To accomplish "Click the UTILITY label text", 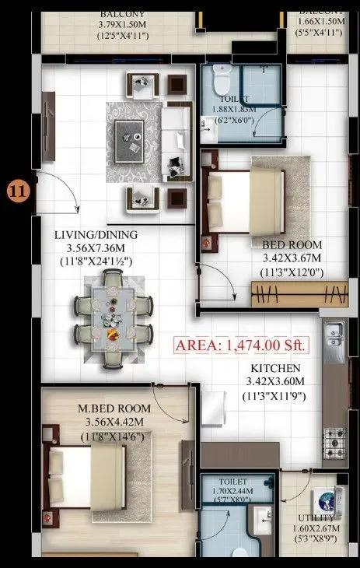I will point(315,518).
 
